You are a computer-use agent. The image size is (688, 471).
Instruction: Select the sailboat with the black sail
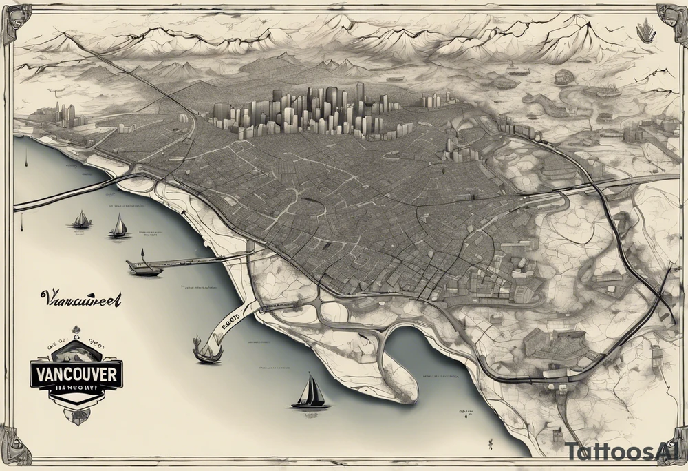(310, 393)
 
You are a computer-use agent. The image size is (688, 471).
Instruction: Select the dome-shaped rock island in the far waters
(563, 76)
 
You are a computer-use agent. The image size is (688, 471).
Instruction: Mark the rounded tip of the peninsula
(408, 392)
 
